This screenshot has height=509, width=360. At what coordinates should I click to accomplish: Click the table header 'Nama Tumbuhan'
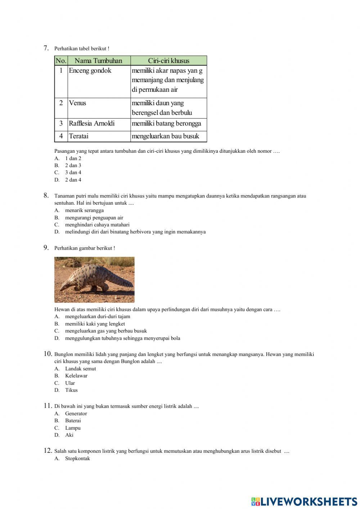[x=98, y=61]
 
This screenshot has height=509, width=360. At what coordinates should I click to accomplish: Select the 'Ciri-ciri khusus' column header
[x=168, y=61]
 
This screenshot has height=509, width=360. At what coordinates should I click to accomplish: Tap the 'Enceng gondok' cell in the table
[x=90, y=71]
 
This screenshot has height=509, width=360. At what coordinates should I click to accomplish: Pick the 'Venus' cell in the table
[x=77, y=103]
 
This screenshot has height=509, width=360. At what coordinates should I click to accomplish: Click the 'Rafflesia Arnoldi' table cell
[x=92, y=124]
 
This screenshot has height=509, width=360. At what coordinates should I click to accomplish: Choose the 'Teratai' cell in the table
[x=78, y=136]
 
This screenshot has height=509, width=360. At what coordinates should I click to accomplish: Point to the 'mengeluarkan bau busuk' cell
[x=166, y=136]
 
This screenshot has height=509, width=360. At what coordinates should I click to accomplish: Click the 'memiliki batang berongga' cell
[x=166, y=124]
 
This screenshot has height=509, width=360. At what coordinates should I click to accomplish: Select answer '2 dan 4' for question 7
[x=73, y=180]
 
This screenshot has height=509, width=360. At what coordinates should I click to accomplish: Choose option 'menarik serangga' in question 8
[x=84, y=210]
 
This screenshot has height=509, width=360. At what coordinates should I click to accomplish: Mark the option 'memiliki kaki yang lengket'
[x=95, y=324]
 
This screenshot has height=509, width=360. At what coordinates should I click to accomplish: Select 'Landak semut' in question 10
[x=80, y=369]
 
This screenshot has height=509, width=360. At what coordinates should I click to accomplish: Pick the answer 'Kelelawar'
[x=76, y=376]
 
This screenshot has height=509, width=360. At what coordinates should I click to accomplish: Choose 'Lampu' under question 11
[x=73, y=428]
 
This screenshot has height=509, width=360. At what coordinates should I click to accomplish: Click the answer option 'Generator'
[x=76, y=414]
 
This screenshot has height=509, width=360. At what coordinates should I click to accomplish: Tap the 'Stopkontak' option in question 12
[x=77, y=459]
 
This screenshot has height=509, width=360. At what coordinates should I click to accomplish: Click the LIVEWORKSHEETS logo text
[x=309, y=501]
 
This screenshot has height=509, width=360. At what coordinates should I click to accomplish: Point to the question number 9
[x=46, y=247]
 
